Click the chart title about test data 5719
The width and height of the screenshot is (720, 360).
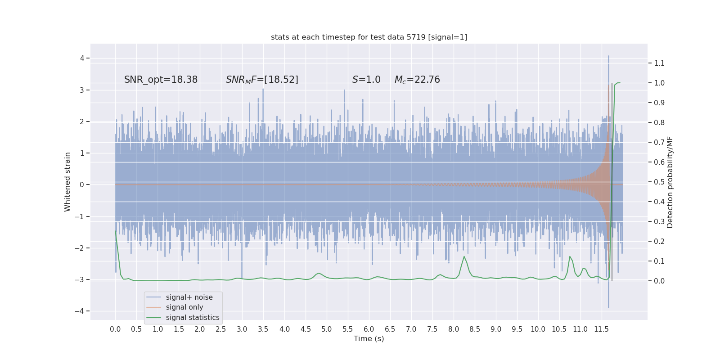(x=369, y=37)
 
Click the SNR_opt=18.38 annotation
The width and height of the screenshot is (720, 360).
(x=161, y=80)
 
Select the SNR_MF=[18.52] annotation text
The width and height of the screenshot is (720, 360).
(x=262, y=80)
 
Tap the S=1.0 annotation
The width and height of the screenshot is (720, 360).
(x=366, y=80)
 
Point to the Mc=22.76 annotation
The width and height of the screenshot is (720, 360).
(x=417, y=80)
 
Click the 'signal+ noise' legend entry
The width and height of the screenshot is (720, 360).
(x=189, y=297)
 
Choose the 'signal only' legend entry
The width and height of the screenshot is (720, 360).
(x=184, y=307)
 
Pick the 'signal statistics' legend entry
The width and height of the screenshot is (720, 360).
(x=193, y=318)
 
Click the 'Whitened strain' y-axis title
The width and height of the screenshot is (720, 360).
(x=67, y=182)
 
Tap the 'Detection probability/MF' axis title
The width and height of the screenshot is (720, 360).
(x=670, y=182)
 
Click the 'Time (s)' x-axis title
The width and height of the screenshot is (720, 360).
(x=369, y=338)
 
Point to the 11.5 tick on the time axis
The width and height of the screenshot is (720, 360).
(x=601, y=329)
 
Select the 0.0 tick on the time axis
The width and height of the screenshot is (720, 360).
(x=115, y=329)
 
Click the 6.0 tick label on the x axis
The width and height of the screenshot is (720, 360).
(x=369, y=329)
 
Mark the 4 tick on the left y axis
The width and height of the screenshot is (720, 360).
(x=82, y=58)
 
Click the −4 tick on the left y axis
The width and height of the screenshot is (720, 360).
(x=81, y=311)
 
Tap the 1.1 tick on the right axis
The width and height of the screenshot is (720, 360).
(x=659, y=63)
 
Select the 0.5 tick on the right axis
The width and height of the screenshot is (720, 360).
(x=659, y=182)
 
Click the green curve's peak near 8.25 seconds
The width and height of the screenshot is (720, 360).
(x=464, y=256)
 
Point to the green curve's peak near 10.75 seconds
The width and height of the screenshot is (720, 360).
(x=570, y=256)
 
